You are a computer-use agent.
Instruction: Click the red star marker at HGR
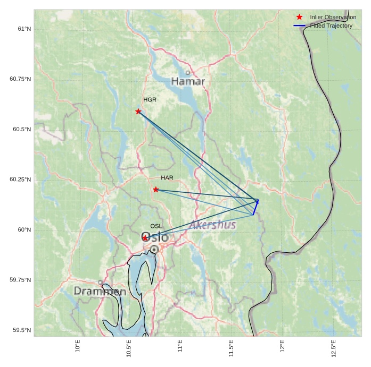138,112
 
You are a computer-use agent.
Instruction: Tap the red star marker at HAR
156,190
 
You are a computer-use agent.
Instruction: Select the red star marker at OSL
145,238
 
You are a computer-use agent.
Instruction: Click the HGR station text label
150,100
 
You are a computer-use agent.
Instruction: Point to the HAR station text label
167,178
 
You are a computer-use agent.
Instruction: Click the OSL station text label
156,226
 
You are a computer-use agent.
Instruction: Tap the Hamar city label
188,81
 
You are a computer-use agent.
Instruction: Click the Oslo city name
155,237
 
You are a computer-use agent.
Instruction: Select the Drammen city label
100,292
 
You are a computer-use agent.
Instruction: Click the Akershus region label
212,225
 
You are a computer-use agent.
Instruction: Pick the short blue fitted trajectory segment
255,207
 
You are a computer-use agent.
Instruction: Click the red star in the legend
299,18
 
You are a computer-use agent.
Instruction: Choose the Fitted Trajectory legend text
331,25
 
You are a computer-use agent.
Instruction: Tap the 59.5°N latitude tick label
21,330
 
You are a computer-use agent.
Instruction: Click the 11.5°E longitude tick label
231,348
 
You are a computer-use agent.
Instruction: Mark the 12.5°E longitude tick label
333,348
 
